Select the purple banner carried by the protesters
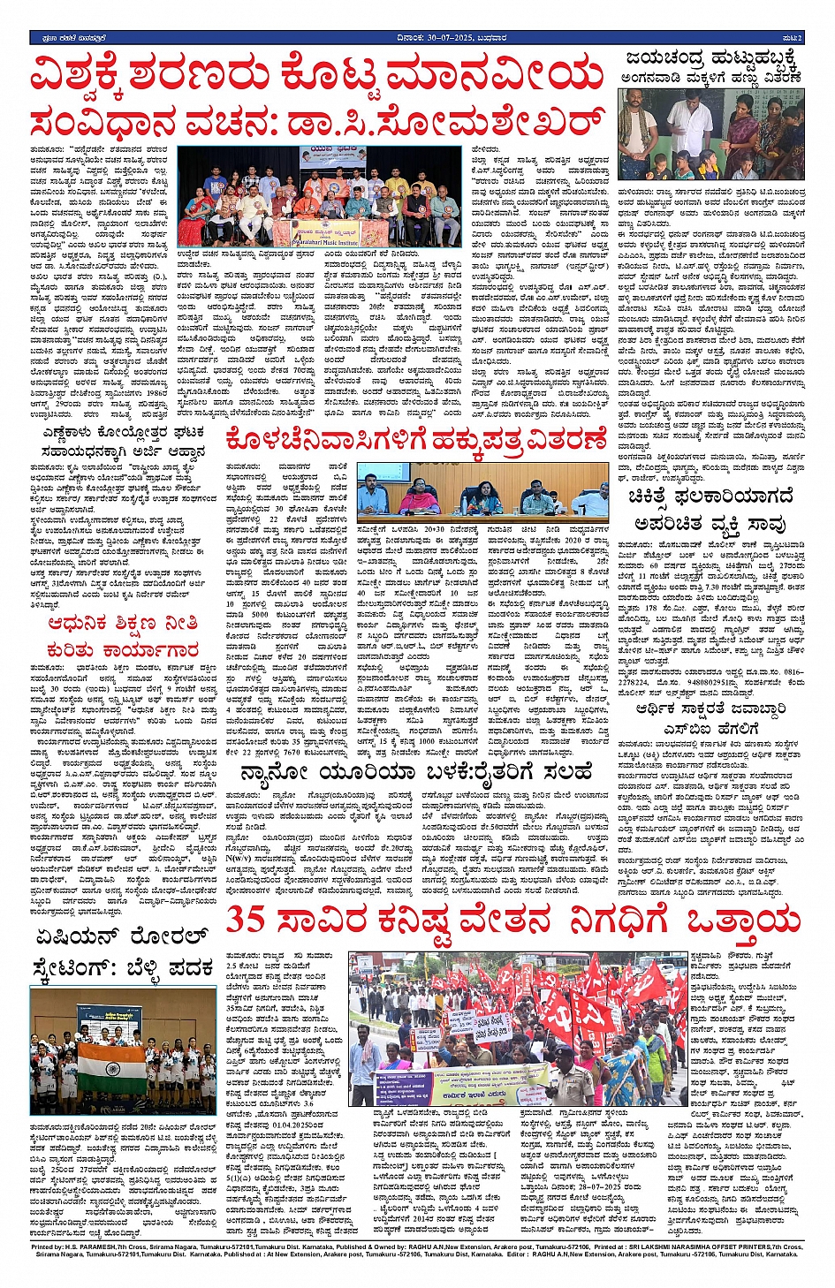[x=464, y=1083]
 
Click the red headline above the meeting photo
[x=415, y=439]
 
